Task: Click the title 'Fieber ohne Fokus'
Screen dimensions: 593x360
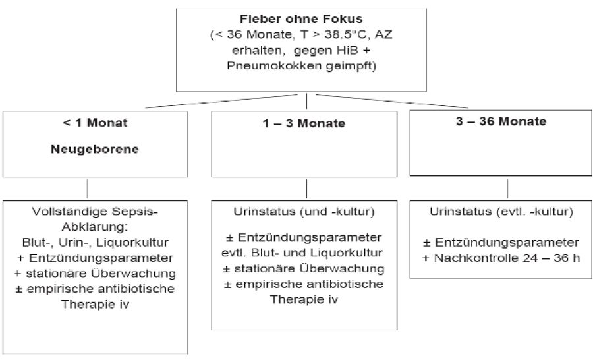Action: [x=301, y=19]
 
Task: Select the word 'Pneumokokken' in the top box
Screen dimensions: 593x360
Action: [x=274, y=66]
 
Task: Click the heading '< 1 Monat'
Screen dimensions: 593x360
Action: [x=95, y=123]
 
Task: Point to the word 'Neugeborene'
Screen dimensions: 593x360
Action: [x=95, y=149]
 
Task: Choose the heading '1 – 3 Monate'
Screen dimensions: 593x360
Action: [x=304, y=123]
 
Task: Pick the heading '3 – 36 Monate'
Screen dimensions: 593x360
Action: [x=501, y=121]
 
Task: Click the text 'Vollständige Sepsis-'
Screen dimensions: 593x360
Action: [x=95, y=212]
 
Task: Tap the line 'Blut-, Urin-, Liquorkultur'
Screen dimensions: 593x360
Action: [x=96, y=243]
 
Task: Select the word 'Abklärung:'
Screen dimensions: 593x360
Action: [x=95, y=227]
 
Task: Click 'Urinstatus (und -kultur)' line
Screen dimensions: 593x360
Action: [x=304, y=212]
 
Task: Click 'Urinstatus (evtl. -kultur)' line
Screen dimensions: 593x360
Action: [x=501, y=212]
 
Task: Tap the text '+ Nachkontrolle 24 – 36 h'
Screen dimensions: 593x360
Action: [x=501, y=258]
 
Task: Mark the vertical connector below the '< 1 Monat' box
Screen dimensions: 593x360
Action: [x=87, y=189]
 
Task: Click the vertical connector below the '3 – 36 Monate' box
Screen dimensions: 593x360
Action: [x=507, y=189]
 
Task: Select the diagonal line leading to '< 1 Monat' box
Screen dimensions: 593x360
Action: [x=221, y=101]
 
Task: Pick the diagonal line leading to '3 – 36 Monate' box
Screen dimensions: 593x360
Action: [x=392, y=101]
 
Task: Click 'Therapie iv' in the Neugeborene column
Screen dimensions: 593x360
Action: [x=96, y=305]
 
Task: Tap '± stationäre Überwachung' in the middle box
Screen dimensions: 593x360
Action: [x=304, y=269]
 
